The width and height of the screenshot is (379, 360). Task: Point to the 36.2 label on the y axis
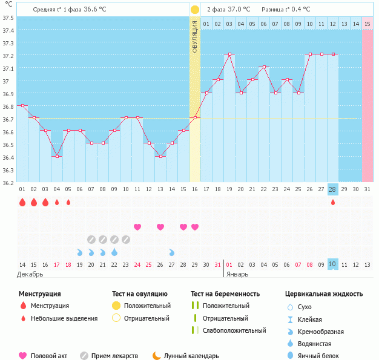pyautogui.click(x=8, y=182)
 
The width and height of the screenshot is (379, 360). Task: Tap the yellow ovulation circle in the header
pyautogui.click(x=194, y=10)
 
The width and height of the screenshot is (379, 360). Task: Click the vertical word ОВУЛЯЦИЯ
pyautogui.click(x=195, y=36)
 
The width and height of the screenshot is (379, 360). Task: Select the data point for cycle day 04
pyautogui.click(x=57, y=157)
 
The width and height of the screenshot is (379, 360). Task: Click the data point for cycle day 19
pyautogui.click(x=229, y=54)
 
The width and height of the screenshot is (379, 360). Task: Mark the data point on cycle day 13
pyautogui.click(x=160, y=157)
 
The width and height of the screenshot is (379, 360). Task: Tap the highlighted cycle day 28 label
pyautogui.click(x=332, y=189)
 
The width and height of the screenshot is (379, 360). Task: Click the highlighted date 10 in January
pyautogui.click(x=332, y=264)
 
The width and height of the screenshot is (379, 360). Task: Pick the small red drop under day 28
pyautogui.click(x=332, y=202)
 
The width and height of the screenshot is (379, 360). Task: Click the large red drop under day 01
pyautogui.click(x=22, y=202)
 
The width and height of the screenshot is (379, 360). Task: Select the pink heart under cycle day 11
pyautogui.click(x=137, y=227)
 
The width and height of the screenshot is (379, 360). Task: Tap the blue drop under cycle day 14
pyautogui.click(x=172, y=252)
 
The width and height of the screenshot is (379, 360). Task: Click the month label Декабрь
pyautogui.click(x=30, y=274)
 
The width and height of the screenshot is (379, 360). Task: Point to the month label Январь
pyautogui.click(x=237, y=274)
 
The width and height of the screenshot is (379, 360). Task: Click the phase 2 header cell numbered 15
pyautogui.click(x=367, y=24)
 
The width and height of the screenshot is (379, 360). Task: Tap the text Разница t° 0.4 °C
pyautogui.click(x=286, y=10)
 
